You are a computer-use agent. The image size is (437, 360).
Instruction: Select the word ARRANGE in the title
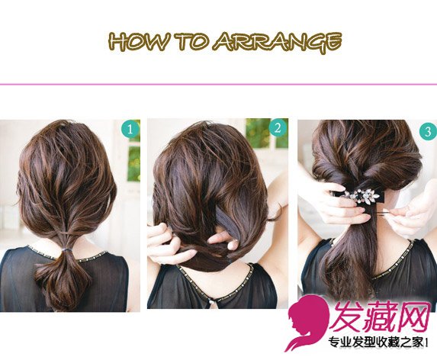click(x=278, y=43)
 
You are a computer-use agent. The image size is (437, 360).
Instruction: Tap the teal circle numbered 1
click(x=130, y=130)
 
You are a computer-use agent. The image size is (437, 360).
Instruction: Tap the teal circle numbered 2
click(x=278, y=128)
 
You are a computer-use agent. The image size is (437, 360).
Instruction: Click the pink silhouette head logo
click(x=307, y=323)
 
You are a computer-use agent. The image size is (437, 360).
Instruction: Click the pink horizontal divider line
click(x=218, y=84)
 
